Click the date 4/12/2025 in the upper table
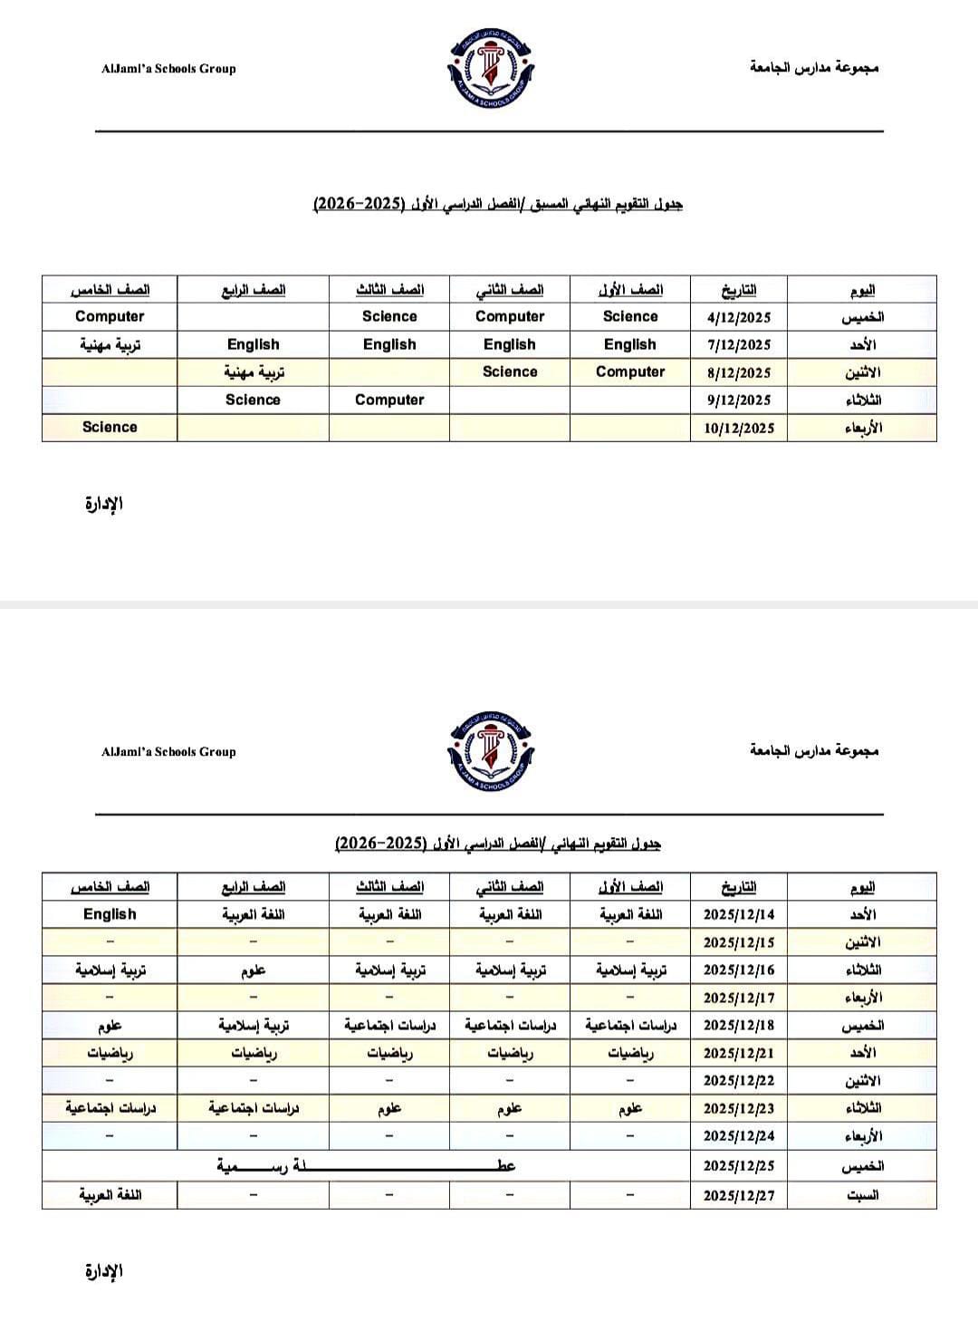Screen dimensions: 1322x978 coord(738,317)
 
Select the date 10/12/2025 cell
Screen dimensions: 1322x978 coord(738,428)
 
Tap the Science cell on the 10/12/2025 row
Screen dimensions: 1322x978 coord(109,427)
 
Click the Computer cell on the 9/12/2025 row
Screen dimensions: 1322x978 coord(389,400)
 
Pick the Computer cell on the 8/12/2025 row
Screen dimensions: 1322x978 coord(630,372)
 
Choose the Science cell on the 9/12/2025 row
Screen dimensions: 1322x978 coord(253,400)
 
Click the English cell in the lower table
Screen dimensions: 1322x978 coord(109,914)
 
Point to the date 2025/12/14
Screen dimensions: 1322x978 coord(738,915)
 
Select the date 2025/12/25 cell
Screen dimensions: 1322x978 coord(738,1166)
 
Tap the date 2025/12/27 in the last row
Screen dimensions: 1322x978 coord(738,1195)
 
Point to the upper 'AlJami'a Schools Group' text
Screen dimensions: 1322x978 coord(168,68)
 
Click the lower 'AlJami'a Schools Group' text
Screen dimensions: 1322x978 coord(168,751)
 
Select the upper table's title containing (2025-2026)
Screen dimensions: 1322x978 coord(497,204)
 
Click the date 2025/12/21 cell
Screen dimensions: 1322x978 coord(738,1053)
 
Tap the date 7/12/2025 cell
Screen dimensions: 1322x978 coord(738,345)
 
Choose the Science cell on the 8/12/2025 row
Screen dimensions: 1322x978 coord(510,372)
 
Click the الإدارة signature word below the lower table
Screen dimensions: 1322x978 coord(103,1271)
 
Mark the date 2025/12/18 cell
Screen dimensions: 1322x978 coord(738,1026)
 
